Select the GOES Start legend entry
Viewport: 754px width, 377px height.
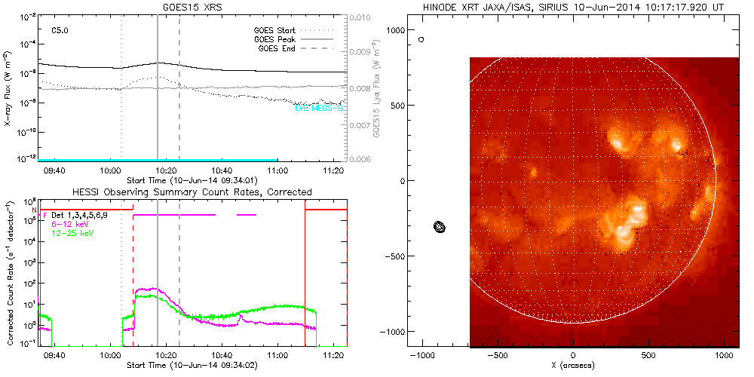coord(274,31)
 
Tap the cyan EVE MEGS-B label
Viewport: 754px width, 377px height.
coord(320,109)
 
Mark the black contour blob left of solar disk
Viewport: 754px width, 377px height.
coord(440,226)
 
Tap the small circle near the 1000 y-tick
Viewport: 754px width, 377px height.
coord(421,38)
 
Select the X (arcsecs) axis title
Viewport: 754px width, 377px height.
coord(574,365)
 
